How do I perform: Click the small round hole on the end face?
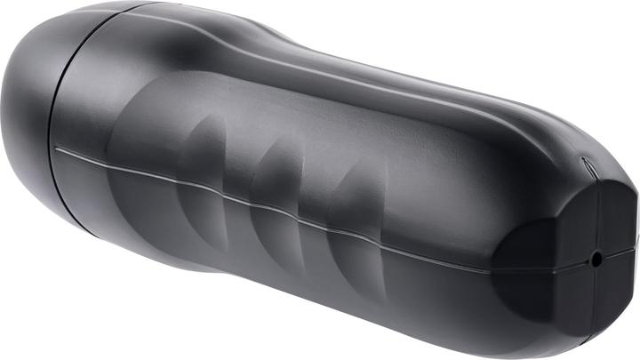[596, 259]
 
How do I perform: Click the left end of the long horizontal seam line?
[59, 149]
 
